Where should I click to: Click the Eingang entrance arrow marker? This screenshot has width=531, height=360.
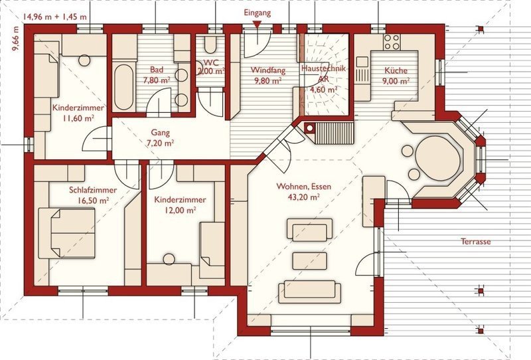point(258,25)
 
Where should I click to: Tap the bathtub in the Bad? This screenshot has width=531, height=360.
point(123,87)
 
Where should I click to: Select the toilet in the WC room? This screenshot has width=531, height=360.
point(210,45)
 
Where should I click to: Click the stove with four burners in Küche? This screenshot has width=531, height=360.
point(392,42)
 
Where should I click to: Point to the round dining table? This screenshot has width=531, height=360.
point(437,158)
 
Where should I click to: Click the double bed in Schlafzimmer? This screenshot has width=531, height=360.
point(66,233)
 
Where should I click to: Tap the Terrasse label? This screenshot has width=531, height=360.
point(475,242)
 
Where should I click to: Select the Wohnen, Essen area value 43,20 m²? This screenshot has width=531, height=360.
point(304,197)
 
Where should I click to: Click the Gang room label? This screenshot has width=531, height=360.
point(160,133)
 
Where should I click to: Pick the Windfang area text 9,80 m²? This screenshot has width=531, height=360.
point(268,81)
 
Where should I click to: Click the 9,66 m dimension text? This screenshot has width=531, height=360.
point(16,39)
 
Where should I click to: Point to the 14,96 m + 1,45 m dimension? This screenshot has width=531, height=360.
point(55,17)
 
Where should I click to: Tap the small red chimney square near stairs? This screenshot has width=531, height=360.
point(309,128)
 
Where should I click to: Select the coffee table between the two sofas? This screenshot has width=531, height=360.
point(309,260)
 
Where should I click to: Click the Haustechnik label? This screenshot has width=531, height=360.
point(323,69)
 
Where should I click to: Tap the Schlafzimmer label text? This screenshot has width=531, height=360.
point(93,190)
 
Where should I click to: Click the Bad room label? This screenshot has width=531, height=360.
point(157,70)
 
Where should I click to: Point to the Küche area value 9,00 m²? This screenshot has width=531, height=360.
point(396,81)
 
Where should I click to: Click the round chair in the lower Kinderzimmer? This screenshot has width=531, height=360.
point(169,259)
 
